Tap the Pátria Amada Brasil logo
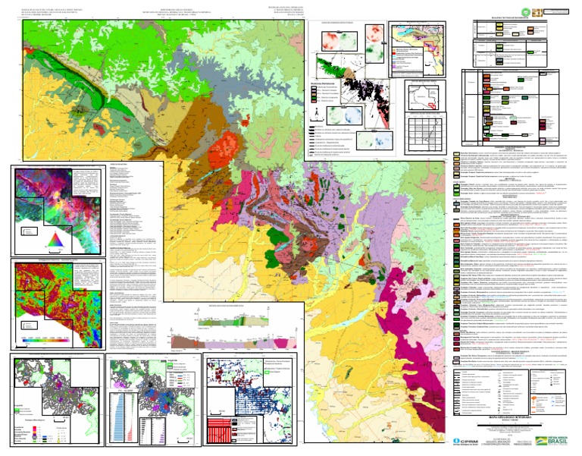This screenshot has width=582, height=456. click(549, 439)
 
